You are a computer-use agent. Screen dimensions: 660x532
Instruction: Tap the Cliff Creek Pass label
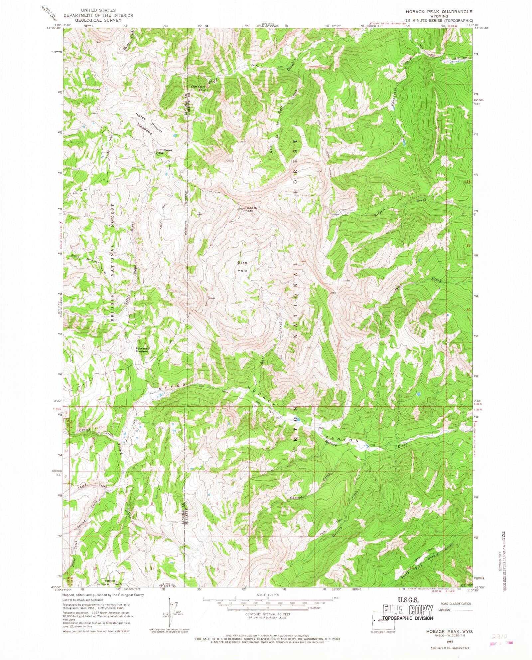click(165, 151)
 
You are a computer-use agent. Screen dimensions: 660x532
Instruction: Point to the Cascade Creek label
click(309, 489)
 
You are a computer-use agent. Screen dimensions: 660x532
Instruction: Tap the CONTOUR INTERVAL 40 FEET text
click(268, 614)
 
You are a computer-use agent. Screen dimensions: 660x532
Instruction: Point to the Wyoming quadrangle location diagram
click(383, 620)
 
